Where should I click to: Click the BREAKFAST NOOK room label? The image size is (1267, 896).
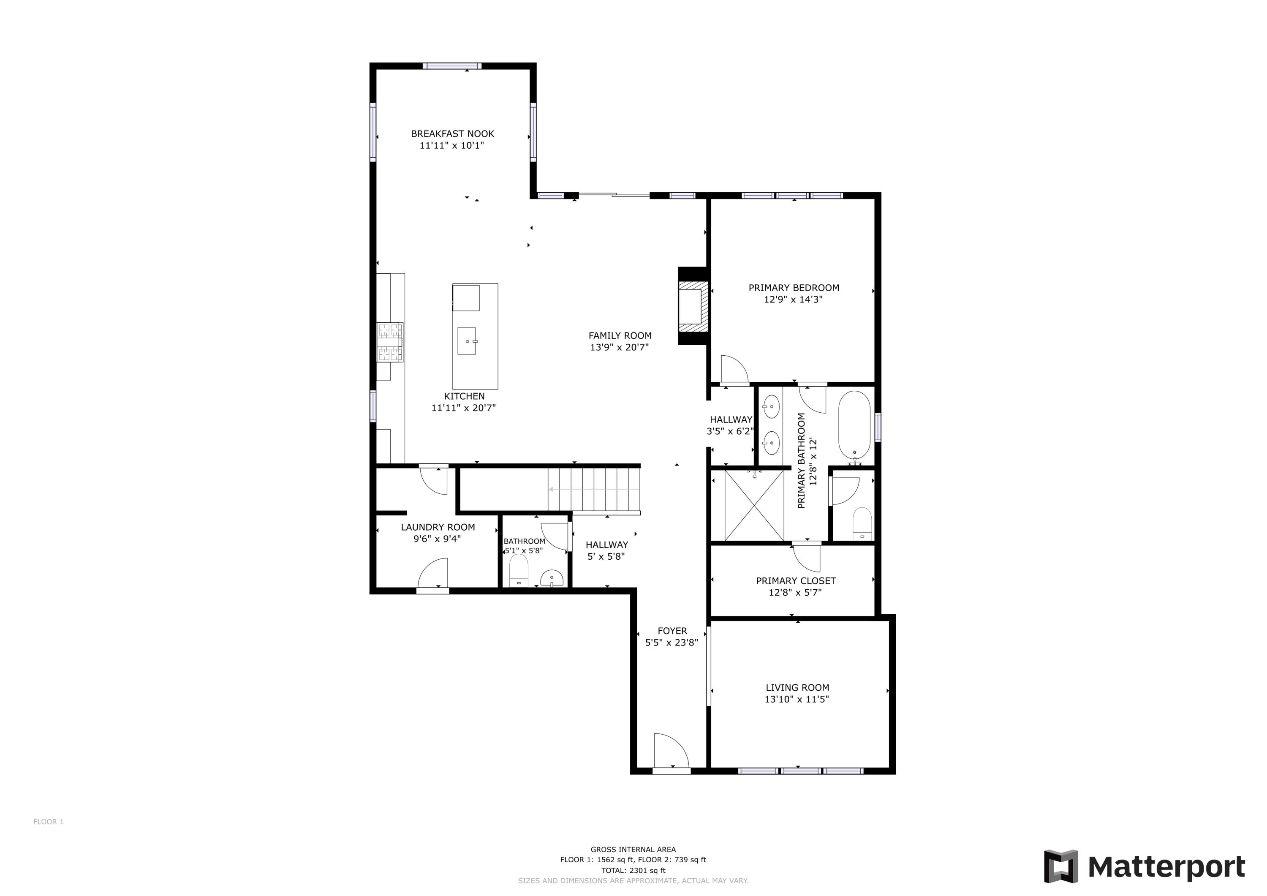[x=452, y=133]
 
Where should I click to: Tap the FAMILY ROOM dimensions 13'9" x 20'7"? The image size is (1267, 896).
[x=619, y=347]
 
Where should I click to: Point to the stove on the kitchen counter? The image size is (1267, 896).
[x=389, y=342]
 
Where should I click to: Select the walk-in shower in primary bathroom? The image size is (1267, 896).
[x=753, y=505]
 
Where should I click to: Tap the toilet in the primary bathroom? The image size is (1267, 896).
[x=862, y=524]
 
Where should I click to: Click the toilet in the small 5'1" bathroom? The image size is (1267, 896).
[x=518, y=571]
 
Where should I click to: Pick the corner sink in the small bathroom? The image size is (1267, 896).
[x=552, y=578]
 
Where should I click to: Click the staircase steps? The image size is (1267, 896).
[x=594, y=489]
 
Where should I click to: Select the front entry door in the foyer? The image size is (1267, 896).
[x=671, y=752]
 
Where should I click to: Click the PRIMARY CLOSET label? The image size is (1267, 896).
[x=795, y=581]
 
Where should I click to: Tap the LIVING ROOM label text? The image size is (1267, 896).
[x=797, y=687]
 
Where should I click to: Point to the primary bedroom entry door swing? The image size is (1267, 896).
[x=734, y=369]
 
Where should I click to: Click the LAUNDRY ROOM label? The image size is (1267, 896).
[x=438, y=527]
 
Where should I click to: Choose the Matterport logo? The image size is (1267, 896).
[x=1145, y=866]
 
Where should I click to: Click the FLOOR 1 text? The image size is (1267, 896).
[x=49, y=822]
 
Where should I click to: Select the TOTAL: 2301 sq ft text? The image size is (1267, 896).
[x=633, y=870]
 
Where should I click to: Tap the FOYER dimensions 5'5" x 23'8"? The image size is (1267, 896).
[x=671, y=643]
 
